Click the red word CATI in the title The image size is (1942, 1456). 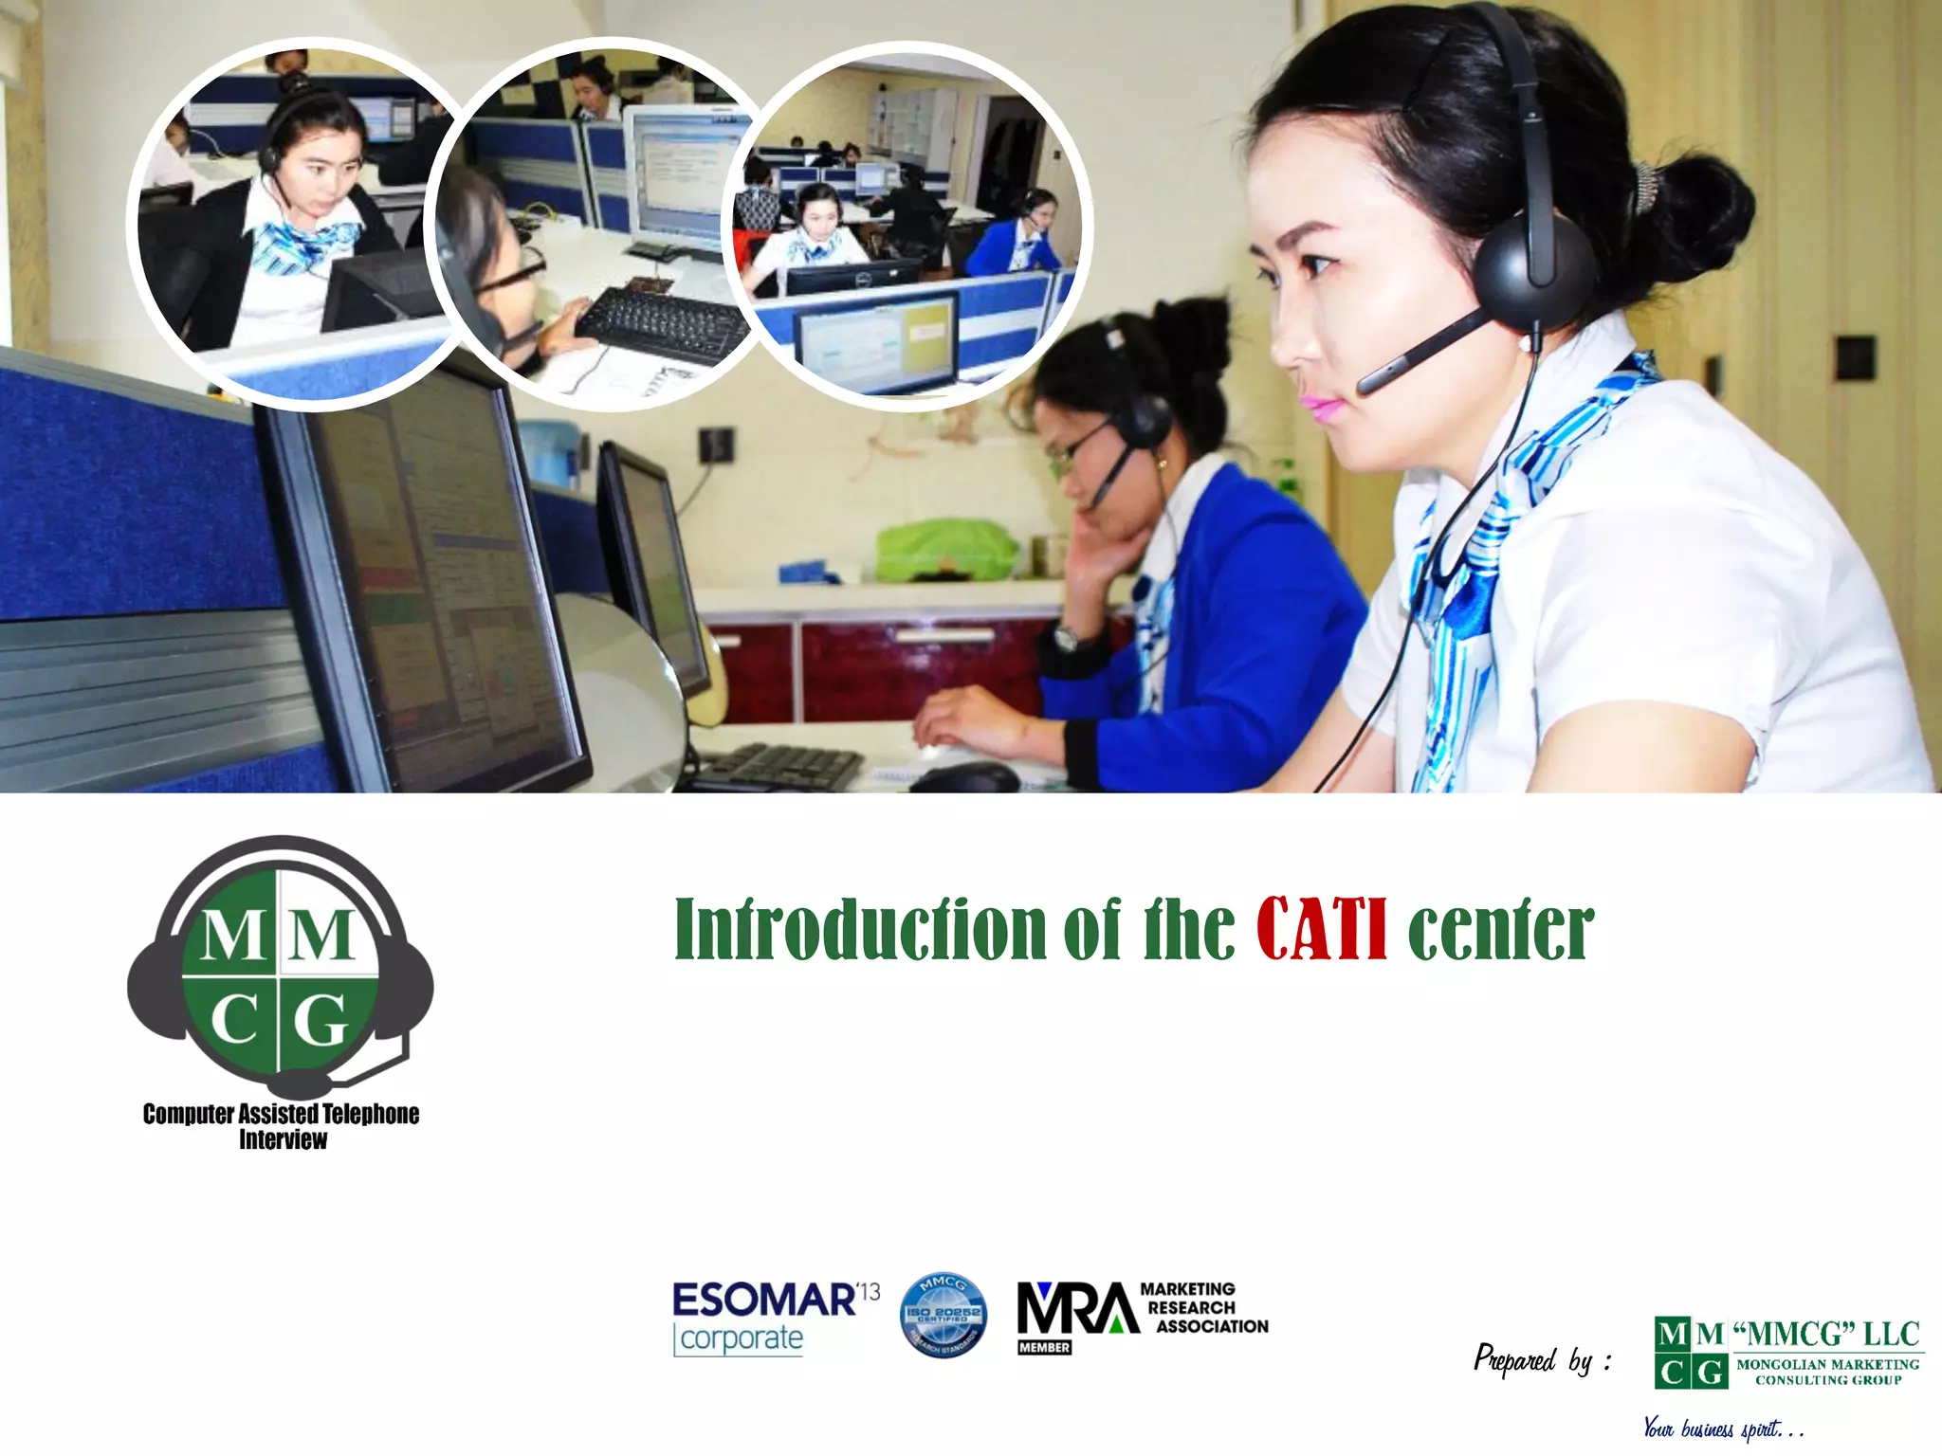click(1322, 929)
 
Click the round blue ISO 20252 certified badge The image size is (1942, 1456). click(943, 1315)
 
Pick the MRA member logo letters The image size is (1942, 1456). click(1077, 1309)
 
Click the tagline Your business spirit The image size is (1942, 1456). click(1721, 1428)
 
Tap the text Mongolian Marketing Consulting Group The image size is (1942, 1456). click(1827, 1372)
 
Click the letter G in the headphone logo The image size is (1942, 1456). click(321, 1022)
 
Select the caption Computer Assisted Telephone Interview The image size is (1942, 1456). click(282, 1126)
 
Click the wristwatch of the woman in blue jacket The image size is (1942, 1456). click(1066, 637)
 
